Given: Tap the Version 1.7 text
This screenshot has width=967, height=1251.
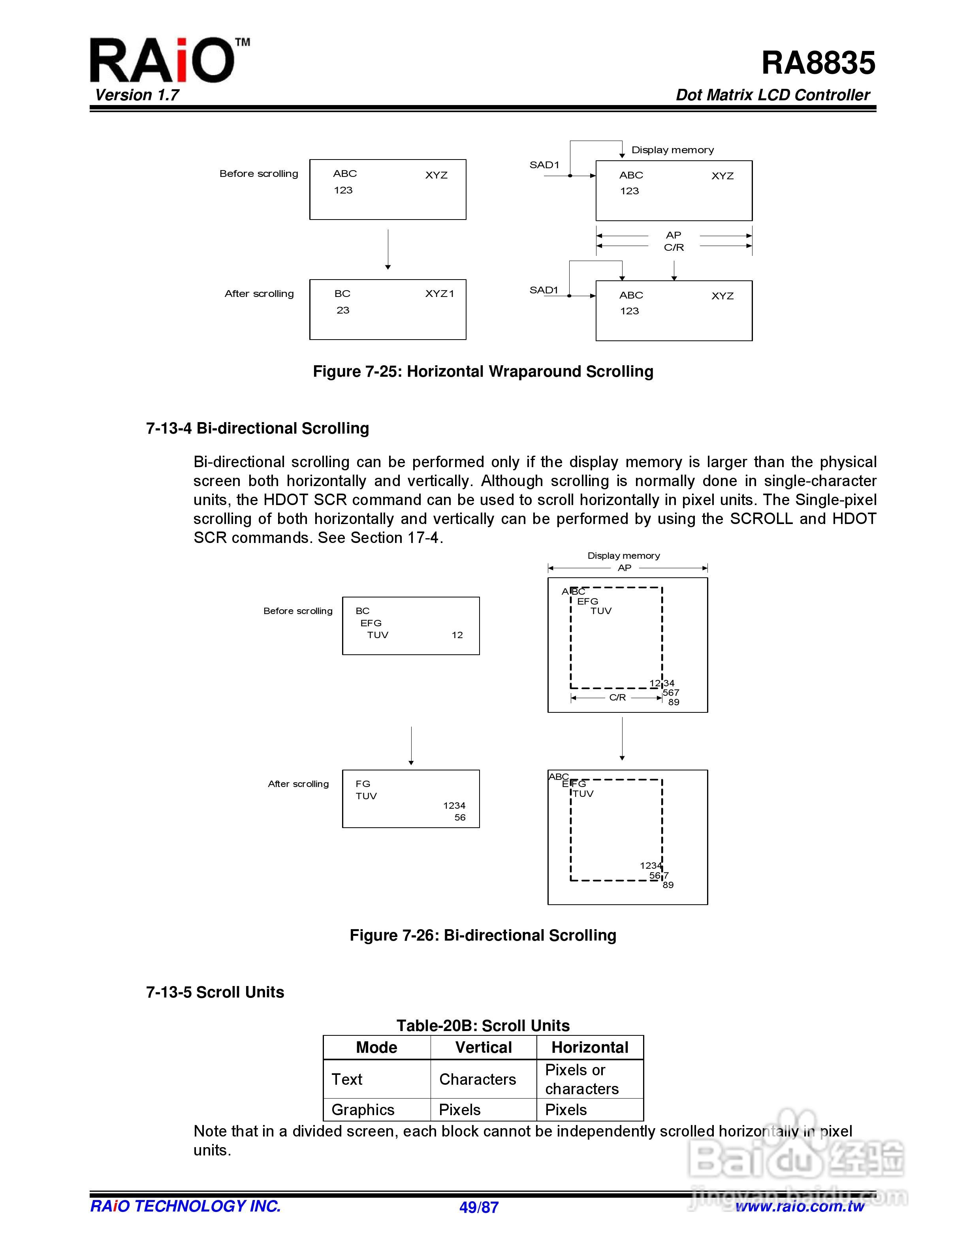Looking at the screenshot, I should pos(137,95).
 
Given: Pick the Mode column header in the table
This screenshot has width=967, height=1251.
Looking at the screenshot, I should pos(376,1048).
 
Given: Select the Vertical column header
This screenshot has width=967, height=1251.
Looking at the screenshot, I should pos(483,1048).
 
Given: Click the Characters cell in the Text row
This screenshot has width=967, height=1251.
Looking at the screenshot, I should pos(477,1079).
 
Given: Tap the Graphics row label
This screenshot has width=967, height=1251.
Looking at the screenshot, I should pos(363,1110).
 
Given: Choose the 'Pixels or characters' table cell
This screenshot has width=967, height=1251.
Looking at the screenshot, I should pos(581,1079).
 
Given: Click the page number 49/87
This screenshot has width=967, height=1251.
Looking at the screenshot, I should pos(479,1208).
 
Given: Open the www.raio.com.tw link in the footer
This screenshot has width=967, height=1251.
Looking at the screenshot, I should pos(799,1206).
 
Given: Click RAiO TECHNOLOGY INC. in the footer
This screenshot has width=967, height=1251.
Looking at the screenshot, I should pos(185,1206).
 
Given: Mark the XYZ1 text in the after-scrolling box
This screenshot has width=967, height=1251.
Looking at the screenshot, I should pos(439,294).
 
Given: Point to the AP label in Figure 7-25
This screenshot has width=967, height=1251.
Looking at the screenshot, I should pos(673,235).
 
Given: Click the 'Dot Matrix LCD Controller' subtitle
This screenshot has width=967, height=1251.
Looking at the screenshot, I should pos(772,95).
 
